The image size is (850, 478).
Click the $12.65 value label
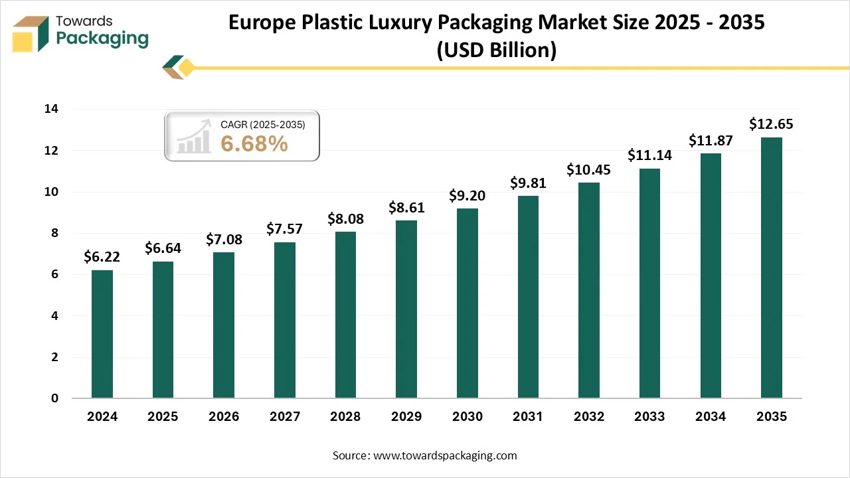(771, 124)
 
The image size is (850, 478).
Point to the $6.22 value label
(102, 257)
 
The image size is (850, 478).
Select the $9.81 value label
(528, 183)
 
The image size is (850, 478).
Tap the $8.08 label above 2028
(345, 218)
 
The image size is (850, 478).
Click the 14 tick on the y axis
(51, 109)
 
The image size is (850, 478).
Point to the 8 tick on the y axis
(54, 233)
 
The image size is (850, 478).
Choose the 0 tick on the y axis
(54, 398)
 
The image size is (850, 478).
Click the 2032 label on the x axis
(589, 417)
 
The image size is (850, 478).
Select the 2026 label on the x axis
(224, 417)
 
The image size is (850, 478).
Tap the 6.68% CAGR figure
(254, 143)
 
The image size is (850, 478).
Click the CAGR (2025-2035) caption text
(262, 123)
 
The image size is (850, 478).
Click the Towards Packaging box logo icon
(31, 34)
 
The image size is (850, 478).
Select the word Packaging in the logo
(102, 39)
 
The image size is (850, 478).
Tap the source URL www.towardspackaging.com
(445, 455)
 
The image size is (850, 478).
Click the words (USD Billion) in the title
(496, 50)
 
